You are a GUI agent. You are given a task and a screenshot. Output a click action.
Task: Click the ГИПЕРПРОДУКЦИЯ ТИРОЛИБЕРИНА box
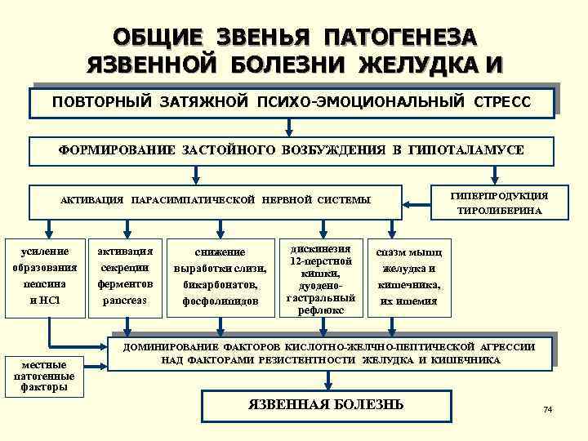(x=499, y=203)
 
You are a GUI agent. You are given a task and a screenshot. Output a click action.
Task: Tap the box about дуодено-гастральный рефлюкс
(x=314, y=278)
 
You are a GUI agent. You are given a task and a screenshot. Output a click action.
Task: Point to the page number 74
(x=547, y=408)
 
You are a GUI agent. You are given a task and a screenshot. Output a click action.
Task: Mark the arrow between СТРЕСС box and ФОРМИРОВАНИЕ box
(x=289, y=127)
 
